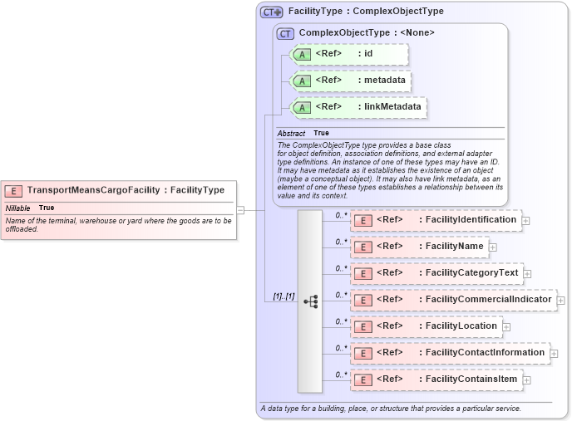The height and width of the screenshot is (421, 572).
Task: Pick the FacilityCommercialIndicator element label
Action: pyautogui.click(x=486, y=300)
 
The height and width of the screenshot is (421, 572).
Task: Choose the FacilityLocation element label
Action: pyautogui.click(x=459, y=326)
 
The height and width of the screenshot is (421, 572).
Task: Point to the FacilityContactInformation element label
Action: pyautogui.click(x=483, y=353)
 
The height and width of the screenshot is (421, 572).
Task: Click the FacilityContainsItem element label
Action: pyautogui.click(x=469, y=379)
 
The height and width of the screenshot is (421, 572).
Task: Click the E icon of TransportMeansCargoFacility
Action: pyautogui.click(x=15, y=190)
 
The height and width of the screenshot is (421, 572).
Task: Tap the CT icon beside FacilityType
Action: pyautogui.click(x=272, y=12)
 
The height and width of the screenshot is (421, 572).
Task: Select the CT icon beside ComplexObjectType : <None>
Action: pyautogui.click(x=285, y=34)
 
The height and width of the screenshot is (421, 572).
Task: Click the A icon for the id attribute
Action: pyautogui.click(x=303, y=55)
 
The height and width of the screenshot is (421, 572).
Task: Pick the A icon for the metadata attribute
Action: pyautogui.click(x=303, y=81)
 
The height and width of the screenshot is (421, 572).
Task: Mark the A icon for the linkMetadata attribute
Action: pyautogui.click(x=303, y=108)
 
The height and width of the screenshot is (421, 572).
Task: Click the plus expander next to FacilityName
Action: pyautogui.click(x=493, y=247)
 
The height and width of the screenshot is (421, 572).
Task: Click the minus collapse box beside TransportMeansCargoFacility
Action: pyautogui.click(x=240, y=210)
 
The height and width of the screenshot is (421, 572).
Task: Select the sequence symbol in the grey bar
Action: pyautogui.click(x=311, y=301)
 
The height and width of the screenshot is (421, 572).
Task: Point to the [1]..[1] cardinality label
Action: pyautogui.click(x=284, y=296)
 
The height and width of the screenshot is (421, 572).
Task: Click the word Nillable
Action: pyautogui.click(x=18, y=208)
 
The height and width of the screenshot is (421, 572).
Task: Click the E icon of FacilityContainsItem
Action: pyautogui.click(x=362, y=380)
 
